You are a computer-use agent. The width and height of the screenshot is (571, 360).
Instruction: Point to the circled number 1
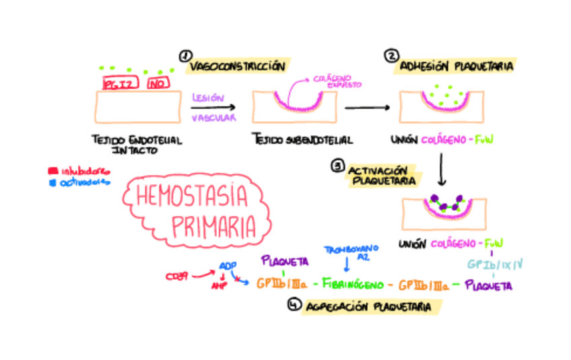click(184, 56)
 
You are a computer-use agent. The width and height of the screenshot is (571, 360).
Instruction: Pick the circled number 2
click(391, 56)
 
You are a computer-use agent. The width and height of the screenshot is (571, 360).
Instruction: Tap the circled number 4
click(293, 305)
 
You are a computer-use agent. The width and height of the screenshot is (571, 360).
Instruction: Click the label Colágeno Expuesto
click(337, 82)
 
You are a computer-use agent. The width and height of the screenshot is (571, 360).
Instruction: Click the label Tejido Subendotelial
click(303, 140)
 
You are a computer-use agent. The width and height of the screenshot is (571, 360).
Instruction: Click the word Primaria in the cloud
click(213, 225)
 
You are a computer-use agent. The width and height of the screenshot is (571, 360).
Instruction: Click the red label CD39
click(178, 275)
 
